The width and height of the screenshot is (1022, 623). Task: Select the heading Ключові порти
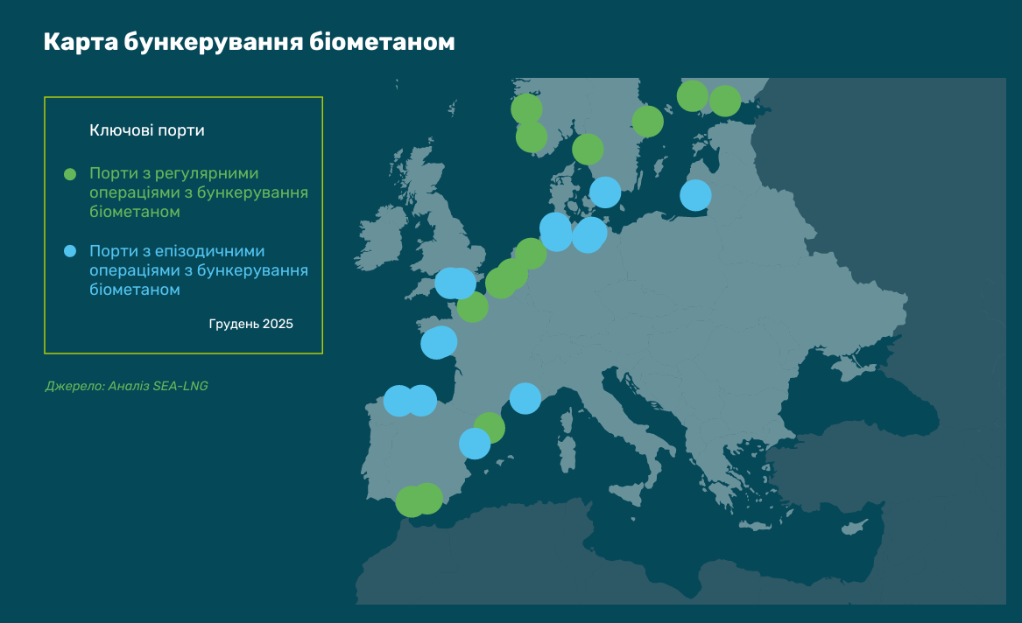pyautogui.click(x=147, y=130)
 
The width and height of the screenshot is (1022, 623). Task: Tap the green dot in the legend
pyautogui.click(x=71, y=174)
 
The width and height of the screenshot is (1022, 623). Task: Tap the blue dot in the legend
pyautogui.click(x=71, y=251)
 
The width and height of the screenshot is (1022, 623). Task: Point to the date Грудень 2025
pyautogui.click(x=250, y=324)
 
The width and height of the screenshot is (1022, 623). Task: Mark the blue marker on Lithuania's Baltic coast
pyautogui.click(x=695, y=195)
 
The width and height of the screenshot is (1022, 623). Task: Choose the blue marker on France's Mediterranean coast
pyautogui.click(x=525, y=398)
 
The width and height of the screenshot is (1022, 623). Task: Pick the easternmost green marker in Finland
pyautogui.click(x=724, y=101)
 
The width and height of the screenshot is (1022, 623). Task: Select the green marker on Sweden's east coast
pyautogui.click(x=647, y=122)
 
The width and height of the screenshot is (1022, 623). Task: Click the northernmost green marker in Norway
pyautogui.click(x=526, y=109)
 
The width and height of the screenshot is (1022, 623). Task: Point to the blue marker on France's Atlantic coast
pyautogui.click(x=438, y=343)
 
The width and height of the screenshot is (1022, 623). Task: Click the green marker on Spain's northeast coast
pyautogui.click(x=490, y=428)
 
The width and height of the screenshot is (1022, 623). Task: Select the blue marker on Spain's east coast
pyautogui.click(x=475, y=444)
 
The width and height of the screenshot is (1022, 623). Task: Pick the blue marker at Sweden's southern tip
pyautogui.click(x=605, y=192)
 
